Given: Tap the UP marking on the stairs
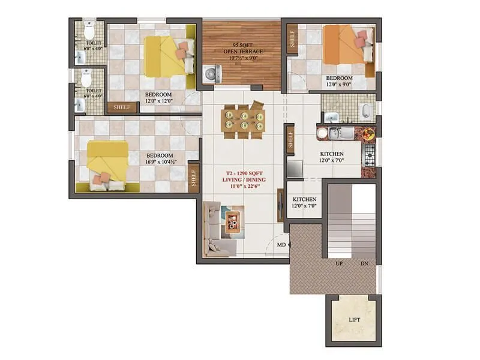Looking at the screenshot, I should click(339, 263).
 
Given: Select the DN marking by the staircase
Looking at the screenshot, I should click(364, 263).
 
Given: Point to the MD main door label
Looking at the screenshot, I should click(281, 245).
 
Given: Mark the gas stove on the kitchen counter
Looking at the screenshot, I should click(368, 154).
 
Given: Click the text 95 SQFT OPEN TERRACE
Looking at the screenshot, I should click(243, 48).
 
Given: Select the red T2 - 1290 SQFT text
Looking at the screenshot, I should click(243, 172).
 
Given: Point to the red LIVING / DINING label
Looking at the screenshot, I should click(243, 179).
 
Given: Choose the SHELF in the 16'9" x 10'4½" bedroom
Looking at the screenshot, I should click(194, 178).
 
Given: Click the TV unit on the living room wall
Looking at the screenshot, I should click(280, 207).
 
